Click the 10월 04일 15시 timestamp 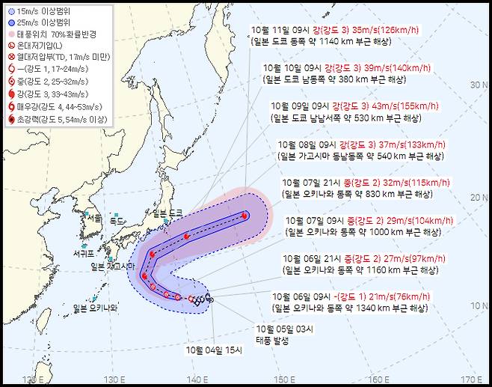[x=215, y=349]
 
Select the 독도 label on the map [x=117, y=222]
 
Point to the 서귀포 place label [x=87, y=253]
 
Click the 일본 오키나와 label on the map [x=96, y=308]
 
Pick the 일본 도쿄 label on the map [x=167, y=213]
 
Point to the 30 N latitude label [x=479, y=85]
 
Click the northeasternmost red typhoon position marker [x=245, y=216]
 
